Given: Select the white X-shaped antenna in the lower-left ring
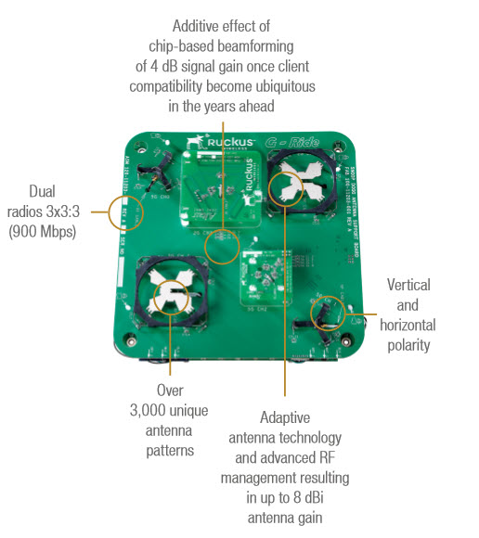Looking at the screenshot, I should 170,296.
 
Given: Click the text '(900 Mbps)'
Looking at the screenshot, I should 44,232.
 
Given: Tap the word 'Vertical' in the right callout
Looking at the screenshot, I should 408,285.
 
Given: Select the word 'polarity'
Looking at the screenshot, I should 408,346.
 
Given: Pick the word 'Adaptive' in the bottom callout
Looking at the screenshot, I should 283,417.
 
